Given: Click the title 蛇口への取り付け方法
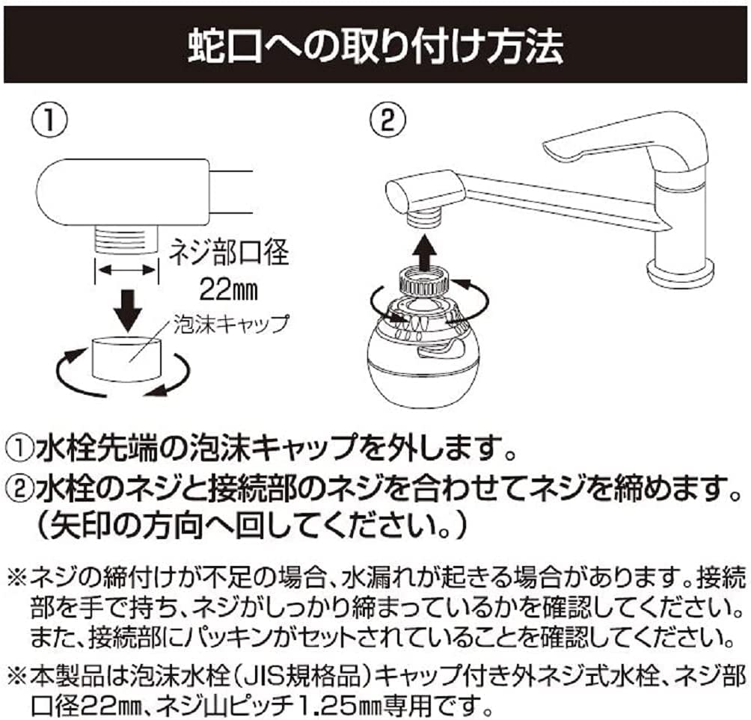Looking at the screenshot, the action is click(375, 46).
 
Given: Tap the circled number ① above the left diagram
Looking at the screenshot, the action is click(49, 119).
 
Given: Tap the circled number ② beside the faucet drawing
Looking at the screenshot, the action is click(388, 119).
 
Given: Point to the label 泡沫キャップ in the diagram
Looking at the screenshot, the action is click(231, 324).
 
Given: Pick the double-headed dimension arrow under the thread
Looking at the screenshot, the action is click(127, 271).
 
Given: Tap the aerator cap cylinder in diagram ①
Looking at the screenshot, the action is click(126, 359).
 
